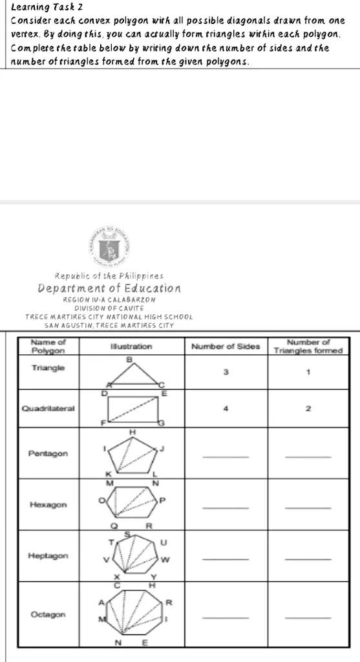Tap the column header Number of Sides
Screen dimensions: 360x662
click(225, 347)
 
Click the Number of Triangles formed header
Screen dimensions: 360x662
click(308, 346)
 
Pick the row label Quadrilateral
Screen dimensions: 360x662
click(48, 409)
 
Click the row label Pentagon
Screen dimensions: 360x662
click(48, 454)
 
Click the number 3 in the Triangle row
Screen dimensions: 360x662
click(226, 372)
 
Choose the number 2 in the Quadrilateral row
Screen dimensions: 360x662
click(308, 409)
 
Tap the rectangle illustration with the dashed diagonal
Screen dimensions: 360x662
click(134, 409)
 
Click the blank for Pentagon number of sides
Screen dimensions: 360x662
click(225, 457)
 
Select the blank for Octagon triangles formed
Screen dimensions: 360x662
click(308, 618)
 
